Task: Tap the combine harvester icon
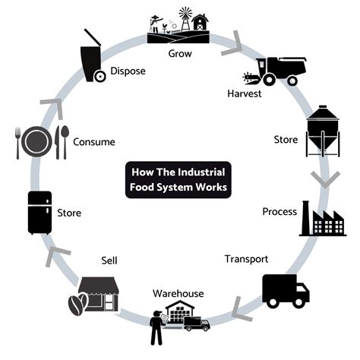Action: (x=275, y=70)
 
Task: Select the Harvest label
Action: (x=245, y=93)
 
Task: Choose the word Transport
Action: (x=246, y=259)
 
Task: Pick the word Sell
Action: (x=109, y=261)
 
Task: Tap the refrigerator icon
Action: (x=40, y=213)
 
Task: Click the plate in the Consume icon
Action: (x=37, y=142)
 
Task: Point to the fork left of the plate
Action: (x=18, y=142)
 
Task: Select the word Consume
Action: (x=94, y=142)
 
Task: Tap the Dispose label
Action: (x=128, y=71)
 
